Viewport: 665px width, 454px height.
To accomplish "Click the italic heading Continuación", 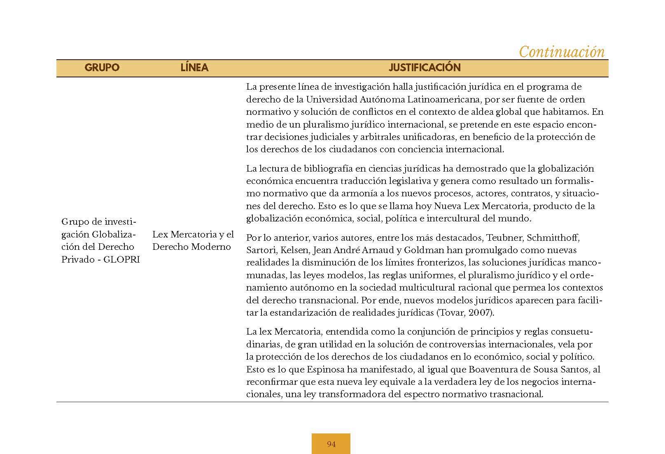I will [561, 52].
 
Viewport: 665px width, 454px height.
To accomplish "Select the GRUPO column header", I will [102, 68].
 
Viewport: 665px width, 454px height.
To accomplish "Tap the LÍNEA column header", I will [194, 68].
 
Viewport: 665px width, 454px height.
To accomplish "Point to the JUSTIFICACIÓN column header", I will [425, 68].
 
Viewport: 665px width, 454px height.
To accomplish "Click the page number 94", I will [331, 444].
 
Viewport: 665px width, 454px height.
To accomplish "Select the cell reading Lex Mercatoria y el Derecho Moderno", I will [193, 241].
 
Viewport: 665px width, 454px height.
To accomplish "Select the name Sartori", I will [261, 250].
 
